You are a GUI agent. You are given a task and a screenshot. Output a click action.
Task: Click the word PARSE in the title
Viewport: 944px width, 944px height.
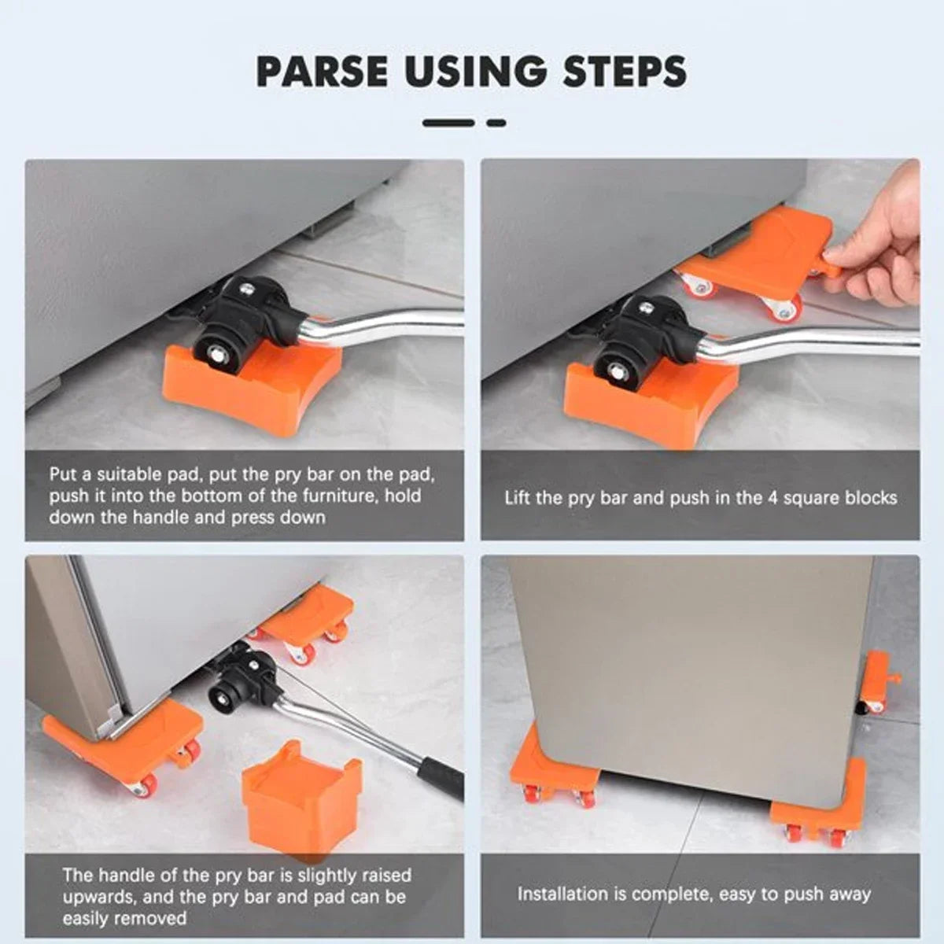point(322,72)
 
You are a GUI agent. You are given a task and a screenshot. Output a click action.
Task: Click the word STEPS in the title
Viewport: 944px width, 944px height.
point(624,72)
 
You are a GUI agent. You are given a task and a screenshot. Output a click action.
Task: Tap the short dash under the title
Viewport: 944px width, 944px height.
point(496,123)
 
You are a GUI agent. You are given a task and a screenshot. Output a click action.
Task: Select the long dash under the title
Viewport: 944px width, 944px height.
point(448,123)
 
